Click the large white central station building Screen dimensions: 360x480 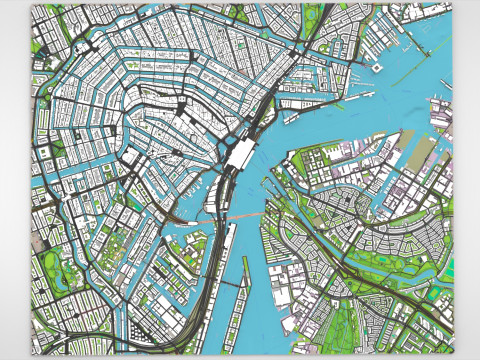coord(241,154)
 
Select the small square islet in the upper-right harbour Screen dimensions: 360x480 coord(377,66)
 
